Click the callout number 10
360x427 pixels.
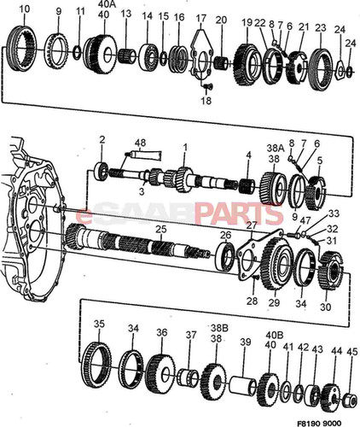(x=24, y=9)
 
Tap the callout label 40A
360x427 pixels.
(x=105, y=4)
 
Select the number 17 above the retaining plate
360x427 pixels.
(x=201, y=18)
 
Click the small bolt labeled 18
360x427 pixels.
(x=205, y=100)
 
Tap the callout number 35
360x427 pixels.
(x=100, y=325)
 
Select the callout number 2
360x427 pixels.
(x=102, y=138)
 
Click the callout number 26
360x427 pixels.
(x=225, y=235)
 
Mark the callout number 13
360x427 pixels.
(x=126, y=15)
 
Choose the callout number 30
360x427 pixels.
(x=327, y=307)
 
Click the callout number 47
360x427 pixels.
(x=305, y=220)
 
